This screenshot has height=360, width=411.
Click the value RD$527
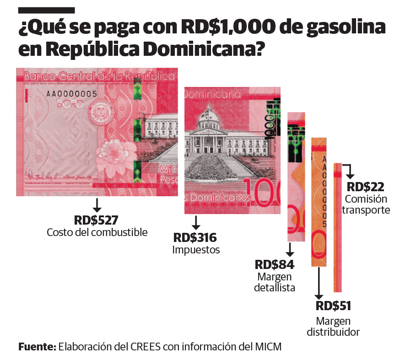(x=97, y=220)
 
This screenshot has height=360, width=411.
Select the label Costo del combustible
(x=97, y=232)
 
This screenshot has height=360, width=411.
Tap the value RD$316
(x=195, y=238)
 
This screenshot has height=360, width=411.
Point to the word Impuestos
(x=196, y=250)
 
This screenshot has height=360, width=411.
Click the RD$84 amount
(x=275, y=265)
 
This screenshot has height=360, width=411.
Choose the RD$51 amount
(x=333, y=306)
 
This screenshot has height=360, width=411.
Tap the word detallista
(x=275, y=288)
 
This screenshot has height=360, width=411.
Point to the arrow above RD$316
(x=196, y=222)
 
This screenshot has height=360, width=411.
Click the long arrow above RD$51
(x=319, y=284)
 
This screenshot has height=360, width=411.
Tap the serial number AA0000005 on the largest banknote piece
(x=71, y=94)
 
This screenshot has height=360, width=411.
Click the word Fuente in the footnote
(x=37, y=346)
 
